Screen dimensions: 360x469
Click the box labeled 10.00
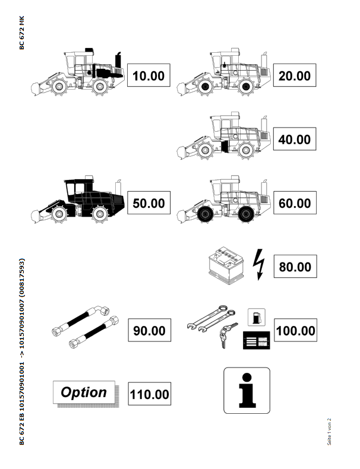click(149, 75)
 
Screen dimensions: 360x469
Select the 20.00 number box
click(295, 75)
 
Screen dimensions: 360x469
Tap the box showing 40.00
click(295, 139)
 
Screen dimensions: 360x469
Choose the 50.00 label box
click(149, 202)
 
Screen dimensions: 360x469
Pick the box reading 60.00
click(295, 202)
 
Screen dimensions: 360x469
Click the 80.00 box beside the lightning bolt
click(295, 266)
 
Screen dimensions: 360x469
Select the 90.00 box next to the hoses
click(149, 330)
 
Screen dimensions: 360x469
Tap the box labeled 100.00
click(295, 330)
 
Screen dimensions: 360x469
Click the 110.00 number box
click(149, 394)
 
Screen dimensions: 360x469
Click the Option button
click(84, 392)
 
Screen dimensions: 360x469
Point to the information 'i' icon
click(247, 391)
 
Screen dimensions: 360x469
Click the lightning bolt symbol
click(259, 264)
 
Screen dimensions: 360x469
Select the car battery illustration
click(226, 265)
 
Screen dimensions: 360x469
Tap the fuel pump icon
click(257, 317)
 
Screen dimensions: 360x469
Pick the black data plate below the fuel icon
click(257, 340)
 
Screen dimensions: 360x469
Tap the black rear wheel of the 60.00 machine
click(246, 214)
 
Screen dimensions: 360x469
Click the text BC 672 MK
click(21, 33)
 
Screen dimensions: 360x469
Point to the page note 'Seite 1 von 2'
click(329, 432)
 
